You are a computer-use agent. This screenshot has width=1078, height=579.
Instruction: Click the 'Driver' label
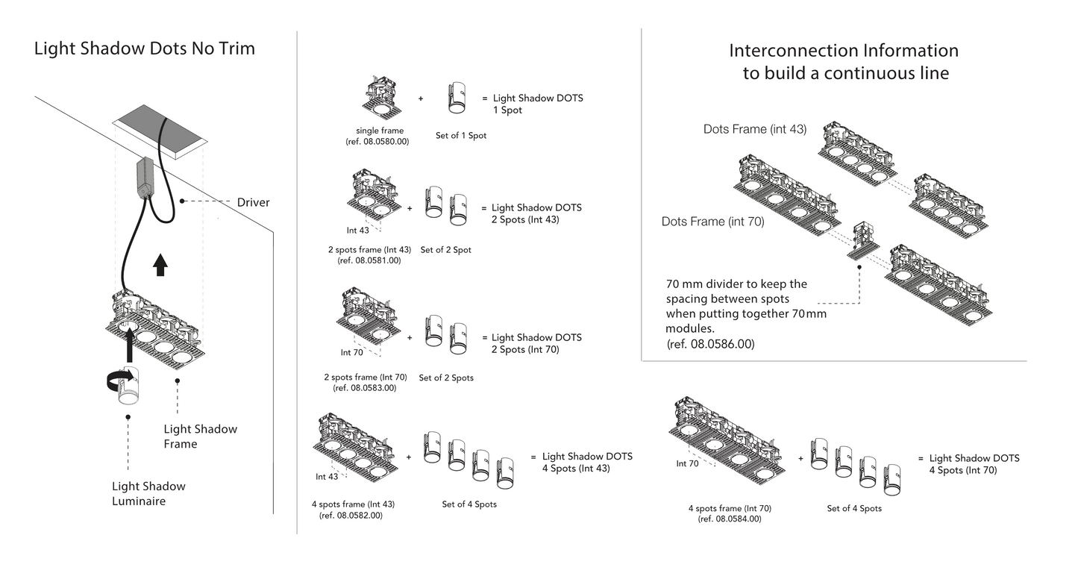[253, 202]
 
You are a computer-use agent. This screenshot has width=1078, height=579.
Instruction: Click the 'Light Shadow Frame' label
[200, 436]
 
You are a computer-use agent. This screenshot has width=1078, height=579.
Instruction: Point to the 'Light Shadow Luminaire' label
[148, 493]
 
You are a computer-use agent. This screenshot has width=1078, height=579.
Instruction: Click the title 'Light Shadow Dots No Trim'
[145, 48]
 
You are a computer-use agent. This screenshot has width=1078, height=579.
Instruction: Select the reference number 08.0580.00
[377, 142]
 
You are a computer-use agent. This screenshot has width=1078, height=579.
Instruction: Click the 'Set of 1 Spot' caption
[461, 136]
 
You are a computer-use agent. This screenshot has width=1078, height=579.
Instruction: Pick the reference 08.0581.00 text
[369, 260]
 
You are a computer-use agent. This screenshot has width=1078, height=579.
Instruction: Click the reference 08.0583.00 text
[365, 388]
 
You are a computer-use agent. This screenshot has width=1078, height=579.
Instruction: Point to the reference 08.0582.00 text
[351, 516]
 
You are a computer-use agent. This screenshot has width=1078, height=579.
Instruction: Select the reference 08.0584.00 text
[730, 519]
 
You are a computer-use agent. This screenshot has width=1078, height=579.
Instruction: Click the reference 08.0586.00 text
[710, 344]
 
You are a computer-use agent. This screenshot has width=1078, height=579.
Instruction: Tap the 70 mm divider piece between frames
[863, 241]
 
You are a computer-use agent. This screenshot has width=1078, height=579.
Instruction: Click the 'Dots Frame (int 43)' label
[755, 129]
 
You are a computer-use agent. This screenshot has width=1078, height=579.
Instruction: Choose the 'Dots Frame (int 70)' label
[712, 222]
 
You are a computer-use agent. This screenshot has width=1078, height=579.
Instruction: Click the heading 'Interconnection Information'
[844, 51]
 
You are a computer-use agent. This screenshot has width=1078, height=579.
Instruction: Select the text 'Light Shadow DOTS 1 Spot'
[538, 104]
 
